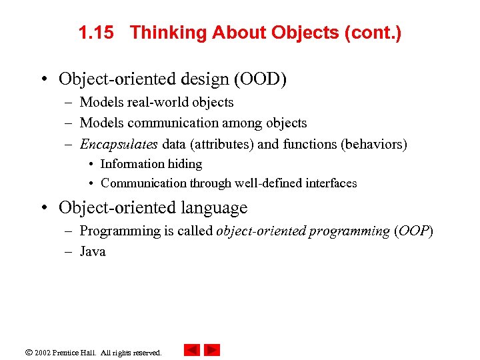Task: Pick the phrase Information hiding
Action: (151, 164)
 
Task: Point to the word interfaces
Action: (330, 183)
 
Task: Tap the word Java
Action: (93, 251)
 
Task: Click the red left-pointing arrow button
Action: (191, 350)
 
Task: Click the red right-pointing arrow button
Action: (212, 350)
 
